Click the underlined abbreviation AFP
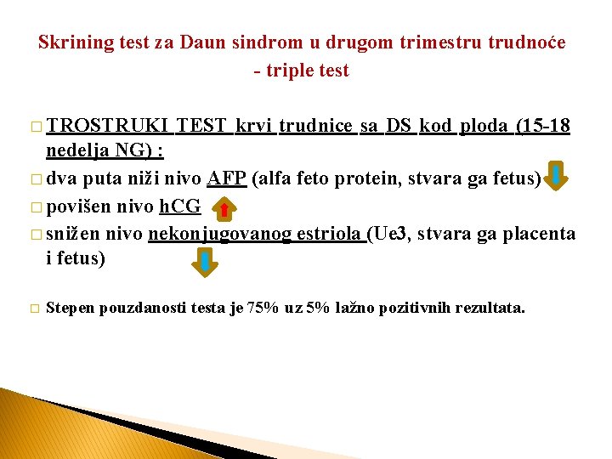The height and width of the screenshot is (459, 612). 226,178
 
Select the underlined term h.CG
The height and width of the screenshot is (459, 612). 179,206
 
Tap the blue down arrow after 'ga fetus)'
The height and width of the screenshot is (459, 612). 556,177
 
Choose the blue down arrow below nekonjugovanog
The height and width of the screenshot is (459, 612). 205,262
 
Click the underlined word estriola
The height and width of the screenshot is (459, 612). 330,233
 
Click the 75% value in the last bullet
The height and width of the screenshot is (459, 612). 261,308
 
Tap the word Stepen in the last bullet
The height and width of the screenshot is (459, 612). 71,308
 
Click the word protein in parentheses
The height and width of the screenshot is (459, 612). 358,178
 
